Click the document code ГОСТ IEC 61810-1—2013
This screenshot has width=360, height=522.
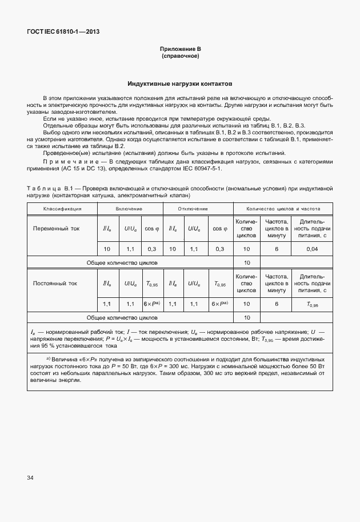point(63,31)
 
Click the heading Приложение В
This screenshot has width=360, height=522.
point(180,50)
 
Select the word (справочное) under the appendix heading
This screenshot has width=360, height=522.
point(180,57)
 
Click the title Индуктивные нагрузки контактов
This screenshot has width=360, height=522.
point(180,83)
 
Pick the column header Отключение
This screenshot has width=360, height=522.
point(197,209)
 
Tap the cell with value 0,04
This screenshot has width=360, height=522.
point(312,249)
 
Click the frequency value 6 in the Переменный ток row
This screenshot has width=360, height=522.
point(276,249)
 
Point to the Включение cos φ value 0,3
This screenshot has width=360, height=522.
point(152,249)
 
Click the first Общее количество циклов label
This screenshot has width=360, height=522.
point(122,262)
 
